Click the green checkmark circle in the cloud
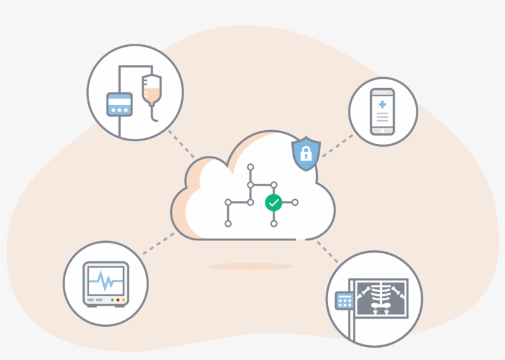click(x=273, y=202)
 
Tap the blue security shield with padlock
click(x=305, y=154)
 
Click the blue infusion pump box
click(x=119, y=104)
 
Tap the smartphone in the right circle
click(x=382, y=112)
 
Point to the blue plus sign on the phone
click(x=382, y=104)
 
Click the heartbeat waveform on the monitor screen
click(x=106, y=283)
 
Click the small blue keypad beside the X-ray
click(x=344, y=301)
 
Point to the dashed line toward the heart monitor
click(x=157, y=243)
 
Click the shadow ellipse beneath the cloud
click(x=250, y=266)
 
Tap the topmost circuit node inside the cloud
click(x=250, y=167)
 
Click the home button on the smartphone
click(x=382, y=130)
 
